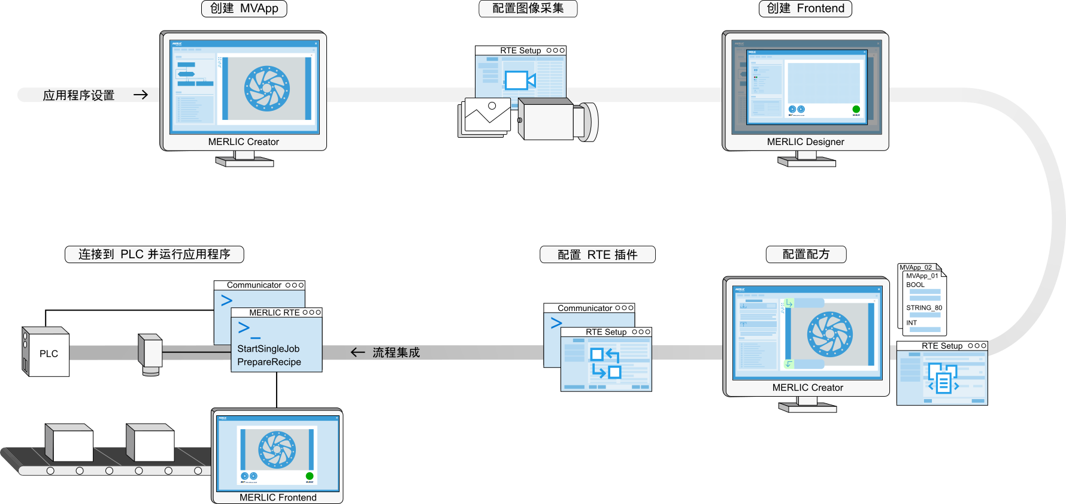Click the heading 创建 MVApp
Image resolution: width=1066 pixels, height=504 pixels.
point(244,8)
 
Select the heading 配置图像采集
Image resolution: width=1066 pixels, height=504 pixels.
point(528,8)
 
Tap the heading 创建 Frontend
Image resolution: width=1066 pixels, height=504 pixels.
point(805,8)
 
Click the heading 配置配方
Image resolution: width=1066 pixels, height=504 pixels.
point(805,255)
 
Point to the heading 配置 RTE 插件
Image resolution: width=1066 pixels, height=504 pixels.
point(597,255)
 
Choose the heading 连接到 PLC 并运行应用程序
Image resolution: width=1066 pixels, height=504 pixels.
point(154,255)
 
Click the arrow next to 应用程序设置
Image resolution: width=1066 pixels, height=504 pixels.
point(141,95)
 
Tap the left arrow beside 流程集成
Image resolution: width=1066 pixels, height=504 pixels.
point(358,352)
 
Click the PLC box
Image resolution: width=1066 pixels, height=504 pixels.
point(48,354)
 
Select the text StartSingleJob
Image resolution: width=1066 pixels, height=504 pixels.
point(268,349)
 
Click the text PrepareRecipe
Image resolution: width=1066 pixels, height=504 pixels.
point(269,362)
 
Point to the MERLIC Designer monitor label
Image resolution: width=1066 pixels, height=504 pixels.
point(805,142)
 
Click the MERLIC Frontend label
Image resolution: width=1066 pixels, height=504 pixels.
point(278,497)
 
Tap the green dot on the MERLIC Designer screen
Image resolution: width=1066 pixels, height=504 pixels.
point(856,109)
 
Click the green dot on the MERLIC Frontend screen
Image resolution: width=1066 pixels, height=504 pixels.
point(310,476)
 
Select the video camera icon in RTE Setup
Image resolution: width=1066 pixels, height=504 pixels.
point(519,80)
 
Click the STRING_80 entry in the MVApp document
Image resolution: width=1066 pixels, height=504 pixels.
point(923,308)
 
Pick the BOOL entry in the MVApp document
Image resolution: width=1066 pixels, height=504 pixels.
point(915,285)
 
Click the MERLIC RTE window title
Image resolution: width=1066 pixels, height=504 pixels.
point(274,313)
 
